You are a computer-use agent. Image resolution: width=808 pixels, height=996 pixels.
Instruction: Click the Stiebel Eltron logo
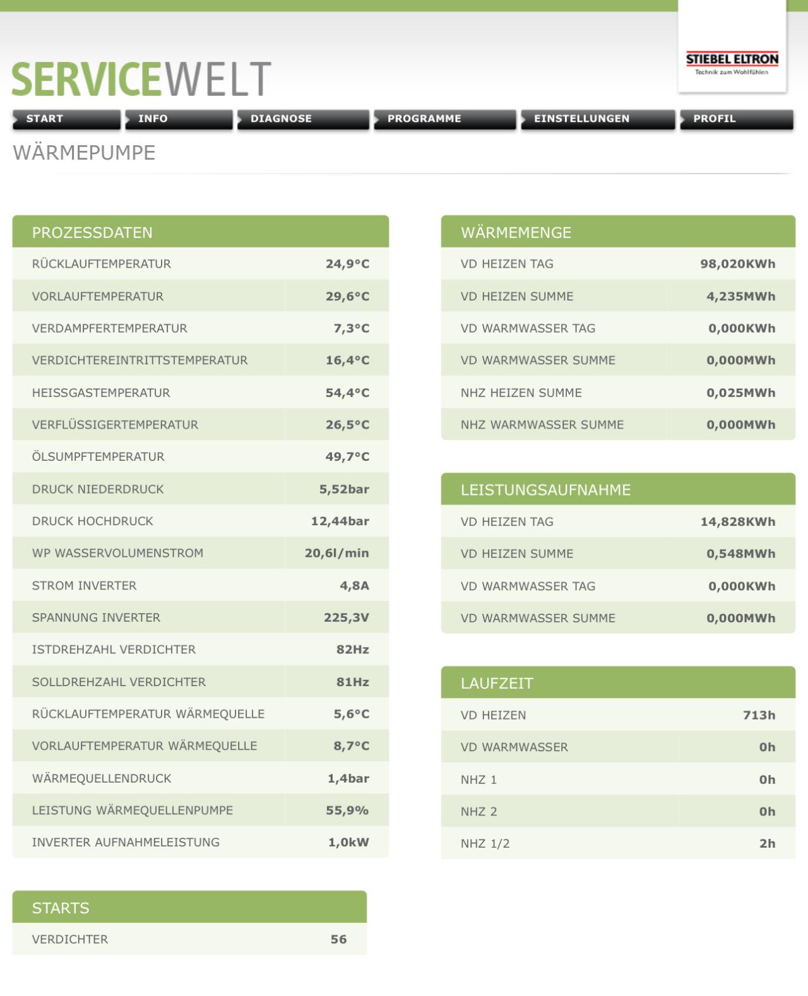[732, 63]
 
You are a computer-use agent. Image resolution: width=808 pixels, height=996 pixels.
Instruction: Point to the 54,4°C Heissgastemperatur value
[347, 393]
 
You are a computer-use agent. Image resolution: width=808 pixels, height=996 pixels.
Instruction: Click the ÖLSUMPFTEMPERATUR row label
[98, 456]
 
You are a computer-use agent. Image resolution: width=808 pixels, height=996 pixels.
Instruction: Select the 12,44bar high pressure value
[340, 521]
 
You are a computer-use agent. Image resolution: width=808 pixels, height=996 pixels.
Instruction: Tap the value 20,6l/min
[336, 553]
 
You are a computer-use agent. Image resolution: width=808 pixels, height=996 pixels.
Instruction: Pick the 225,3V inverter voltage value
[346, 617]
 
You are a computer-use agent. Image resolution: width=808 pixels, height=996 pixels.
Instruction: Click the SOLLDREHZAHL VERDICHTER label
[119, 682]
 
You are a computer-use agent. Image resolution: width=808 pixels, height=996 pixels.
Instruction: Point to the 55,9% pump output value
[347, 810]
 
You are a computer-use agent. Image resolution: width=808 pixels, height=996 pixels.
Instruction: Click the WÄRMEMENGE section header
[516, 232]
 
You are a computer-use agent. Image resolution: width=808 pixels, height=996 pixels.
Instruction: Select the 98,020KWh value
[737, 264]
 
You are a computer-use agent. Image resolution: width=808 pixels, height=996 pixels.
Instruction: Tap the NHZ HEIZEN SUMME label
[521, 393]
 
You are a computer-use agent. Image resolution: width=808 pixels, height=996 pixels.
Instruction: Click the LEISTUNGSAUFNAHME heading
[545, 490]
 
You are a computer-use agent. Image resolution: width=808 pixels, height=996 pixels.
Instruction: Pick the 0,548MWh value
[740, 554]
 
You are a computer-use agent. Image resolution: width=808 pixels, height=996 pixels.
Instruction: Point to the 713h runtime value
[759, 715]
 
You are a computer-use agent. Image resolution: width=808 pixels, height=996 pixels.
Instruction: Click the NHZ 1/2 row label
[485, 843]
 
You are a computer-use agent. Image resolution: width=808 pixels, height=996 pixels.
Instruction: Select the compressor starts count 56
[338, 939]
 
